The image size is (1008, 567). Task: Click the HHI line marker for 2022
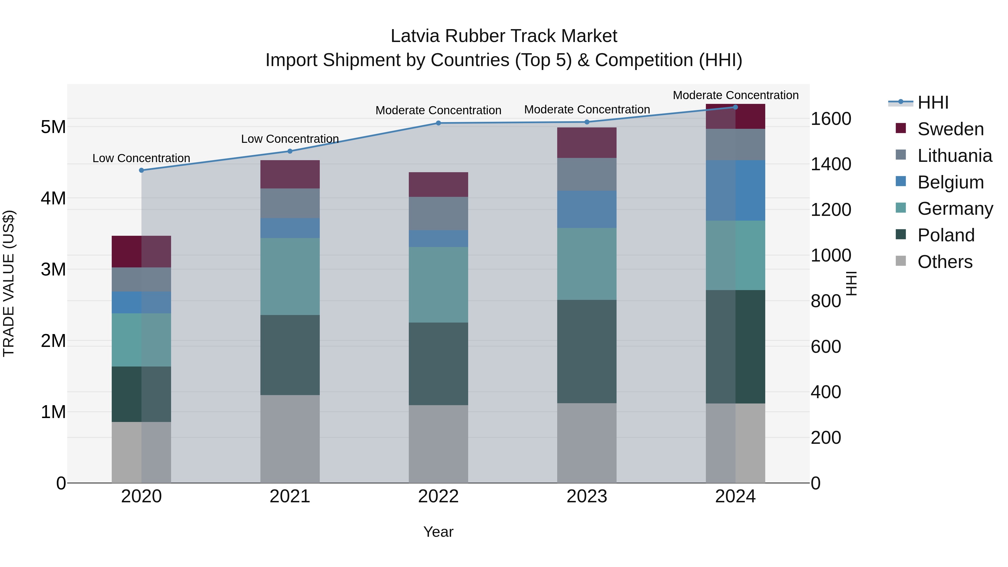(438, 123)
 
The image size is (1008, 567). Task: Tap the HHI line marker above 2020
(141, 170)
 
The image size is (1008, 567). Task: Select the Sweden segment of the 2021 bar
(290, 174)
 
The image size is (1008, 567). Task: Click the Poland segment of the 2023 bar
(587, 351)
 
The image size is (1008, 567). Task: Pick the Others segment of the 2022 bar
(438, 444)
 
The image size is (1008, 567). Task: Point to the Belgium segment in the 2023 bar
(587, 209)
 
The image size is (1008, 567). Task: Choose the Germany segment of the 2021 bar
(290, 276)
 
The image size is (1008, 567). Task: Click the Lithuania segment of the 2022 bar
(438, 213)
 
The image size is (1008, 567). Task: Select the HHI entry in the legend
(933, 102)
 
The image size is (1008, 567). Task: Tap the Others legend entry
(945, 262)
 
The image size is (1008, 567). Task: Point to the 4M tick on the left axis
(53, 198)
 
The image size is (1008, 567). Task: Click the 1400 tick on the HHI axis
(830, 164)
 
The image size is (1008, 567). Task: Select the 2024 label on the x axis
(735, 496)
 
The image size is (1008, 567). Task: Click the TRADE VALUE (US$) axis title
(9, 283)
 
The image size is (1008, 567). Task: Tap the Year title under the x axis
(438, 532)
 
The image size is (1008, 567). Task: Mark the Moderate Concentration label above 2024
(735, 95)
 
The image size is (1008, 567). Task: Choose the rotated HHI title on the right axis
(851, 283)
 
